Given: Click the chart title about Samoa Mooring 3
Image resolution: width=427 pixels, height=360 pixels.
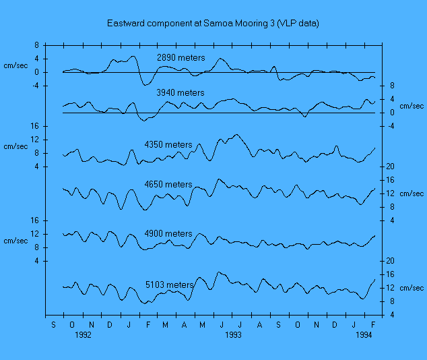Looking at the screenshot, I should click(213, 24).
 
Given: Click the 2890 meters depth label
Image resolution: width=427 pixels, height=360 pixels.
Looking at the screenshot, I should click(180, 58).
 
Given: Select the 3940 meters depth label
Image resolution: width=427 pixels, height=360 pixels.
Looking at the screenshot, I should click(180, 93).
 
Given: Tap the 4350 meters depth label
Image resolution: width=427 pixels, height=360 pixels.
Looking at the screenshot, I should click(168, 145).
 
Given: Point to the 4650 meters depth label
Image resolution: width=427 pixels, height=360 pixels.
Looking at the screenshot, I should click(168, 185).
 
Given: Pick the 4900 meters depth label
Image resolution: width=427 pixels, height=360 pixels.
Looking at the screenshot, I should click(168, 234).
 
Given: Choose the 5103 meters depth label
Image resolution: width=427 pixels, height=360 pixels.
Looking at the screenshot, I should click(170, 285).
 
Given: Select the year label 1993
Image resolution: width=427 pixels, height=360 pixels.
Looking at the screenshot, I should click(233, 334).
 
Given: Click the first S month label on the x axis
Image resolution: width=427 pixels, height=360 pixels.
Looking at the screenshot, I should click(55, 324).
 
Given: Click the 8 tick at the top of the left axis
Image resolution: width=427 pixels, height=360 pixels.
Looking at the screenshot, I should click(36, 45).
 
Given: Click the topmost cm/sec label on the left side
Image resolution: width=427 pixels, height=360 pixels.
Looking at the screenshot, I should click(15, 65).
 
